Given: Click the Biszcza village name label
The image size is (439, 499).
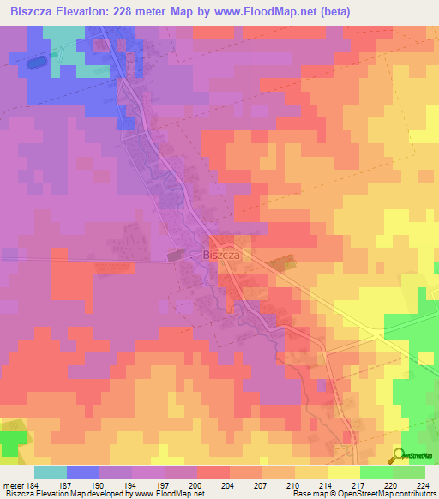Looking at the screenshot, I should [220, 255].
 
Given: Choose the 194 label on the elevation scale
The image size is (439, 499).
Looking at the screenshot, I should [135, 484].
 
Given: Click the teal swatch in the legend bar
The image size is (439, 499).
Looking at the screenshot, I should [51, 472].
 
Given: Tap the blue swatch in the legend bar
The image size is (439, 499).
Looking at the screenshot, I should [83, 472].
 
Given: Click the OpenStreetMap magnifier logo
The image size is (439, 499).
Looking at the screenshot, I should [400, 454].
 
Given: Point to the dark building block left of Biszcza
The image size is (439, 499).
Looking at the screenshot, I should [175, 255].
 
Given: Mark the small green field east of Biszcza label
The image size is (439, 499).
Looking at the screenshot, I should [278, 266].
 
